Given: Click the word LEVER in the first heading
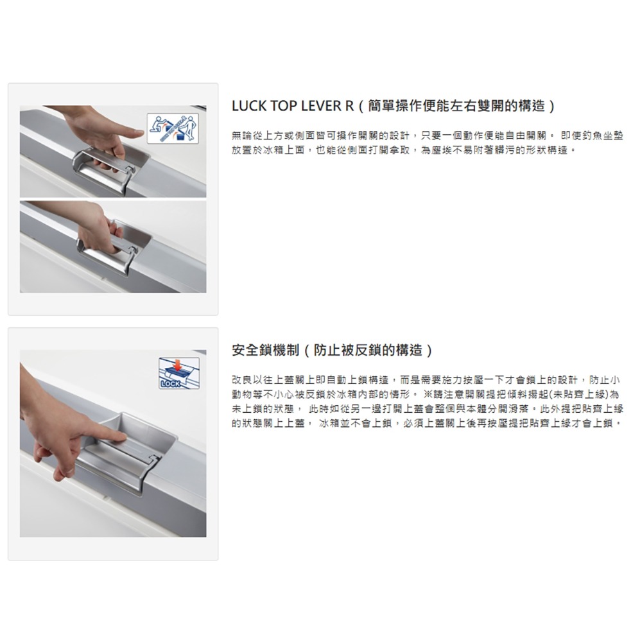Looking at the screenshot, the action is coord(322,106).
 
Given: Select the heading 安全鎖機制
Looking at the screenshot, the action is coord(265,350).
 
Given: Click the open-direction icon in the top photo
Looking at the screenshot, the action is coord(173,129).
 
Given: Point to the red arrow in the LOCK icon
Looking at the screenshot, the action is coord(177,365).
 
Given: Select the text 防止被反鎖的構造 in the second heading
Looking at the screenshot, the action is coord(368,350).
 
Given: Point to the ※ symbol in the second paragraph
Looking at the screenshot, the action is coord(428,394).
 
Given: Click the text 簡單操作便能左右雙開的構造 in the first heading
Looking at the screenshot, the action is coord(456,106).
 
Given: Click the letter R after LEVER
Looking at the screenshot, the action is coord(350,106).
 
